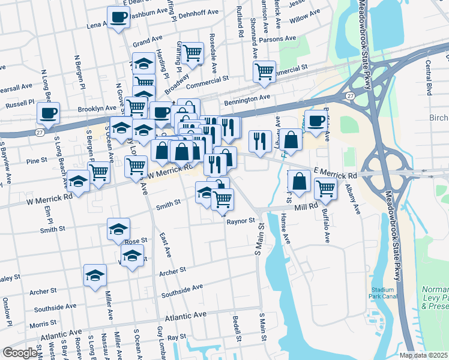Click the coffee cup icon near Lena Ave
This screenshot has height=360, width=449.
(118, 17)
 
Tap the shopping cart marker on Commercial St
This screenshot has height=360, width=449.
(264, 71)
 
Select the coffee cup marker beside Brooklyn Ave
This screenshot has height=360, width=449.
(48, 112)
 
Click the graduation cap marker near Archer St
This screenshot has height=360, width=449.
(95, 275)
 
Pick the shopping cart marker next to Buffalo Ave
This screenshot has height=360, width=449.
(325, 188)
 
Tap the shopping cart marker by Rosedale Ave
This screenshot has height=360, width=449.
(192, 53)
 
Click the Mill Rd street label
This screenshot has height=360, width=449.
(305, 206)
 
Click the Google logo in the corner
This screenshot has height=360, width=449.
(19, 353)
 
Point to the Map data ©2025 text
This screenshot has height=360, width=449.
(423, 355)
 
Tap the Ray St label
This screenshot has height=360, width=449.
(176, 338)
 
